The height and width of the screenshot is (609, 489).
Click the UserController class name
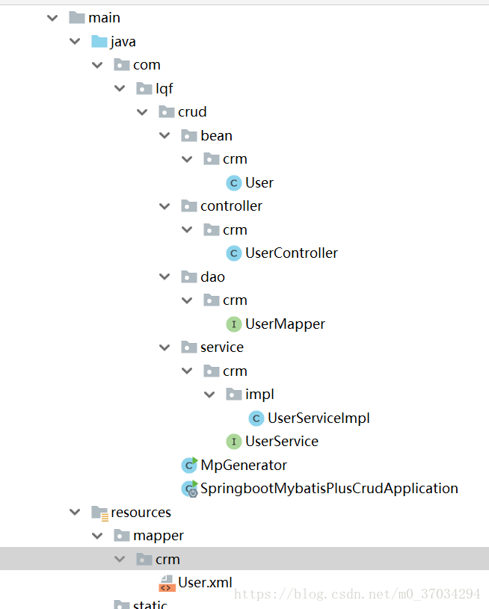coord(291,253)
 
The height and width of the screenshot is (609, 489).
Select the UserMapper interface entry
coord(285,324)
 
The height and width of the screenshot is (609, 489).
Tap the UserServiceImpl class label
coord(319,418)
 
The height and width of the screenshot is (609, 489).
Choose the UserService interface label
coord(281,442)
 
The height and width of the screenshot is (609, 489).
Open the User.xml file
coord(205,582)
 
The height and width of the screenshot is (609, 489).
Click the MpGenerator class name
coord(243,465)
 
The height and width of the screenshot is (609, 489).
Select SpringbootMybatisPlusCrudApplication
coord(329,489)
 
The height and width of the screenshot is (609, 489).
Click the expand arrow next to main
coord(52,18)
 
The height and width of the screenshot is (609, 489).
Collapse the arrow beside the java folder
coord(75,42)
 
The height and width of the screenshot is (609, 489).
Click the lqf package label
coord(164,89)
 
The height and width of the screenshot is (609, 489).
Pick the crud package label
coord(192,112)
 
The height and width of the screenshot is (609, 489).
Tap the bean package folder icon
coord(188,136)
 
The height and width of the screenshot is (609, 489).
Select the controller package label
coord(231,206)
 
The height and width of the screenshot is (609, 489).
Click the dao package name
coord(212,277)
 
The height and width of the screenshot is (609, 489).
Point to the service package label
coord(221,347)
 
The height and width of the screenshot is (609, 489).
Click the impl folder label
coord(259,395)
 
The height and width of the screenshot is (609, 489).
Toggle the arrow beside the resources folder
coord(75,513)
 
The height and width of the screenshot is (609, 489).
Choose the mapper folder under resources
coord(158,536)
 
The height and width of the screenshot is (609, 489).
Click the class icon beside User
coord(234,183)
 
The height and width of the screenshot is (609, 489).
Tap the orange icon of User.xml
coord(166,583)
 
